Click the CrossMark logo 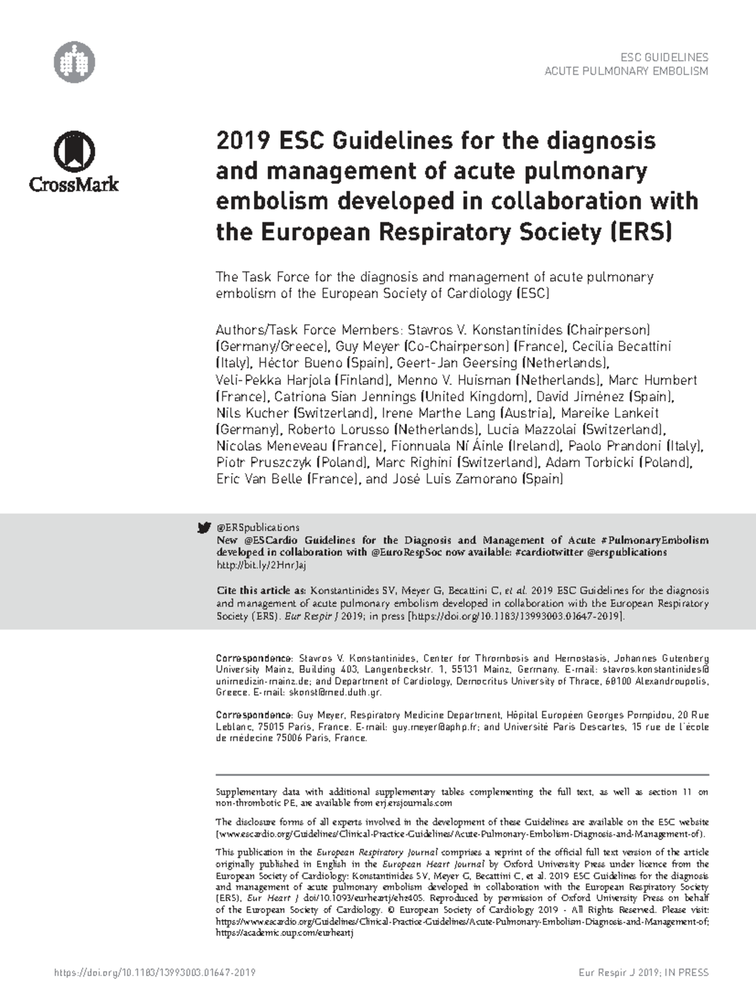(74, 162)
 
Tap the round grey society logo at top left (74, 63)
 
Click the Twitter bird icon (203, 528)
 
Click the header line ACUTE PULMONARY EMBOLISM (626, 71)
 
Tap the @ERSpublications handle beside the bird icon (258, 528)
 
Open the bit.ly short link (261, 565)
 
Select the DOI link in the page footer (154, 972)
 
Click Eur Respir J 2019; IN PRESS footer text (643, 972)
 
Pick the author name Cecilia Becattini (622, 346)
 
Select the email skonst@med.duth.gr (335, 692)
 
